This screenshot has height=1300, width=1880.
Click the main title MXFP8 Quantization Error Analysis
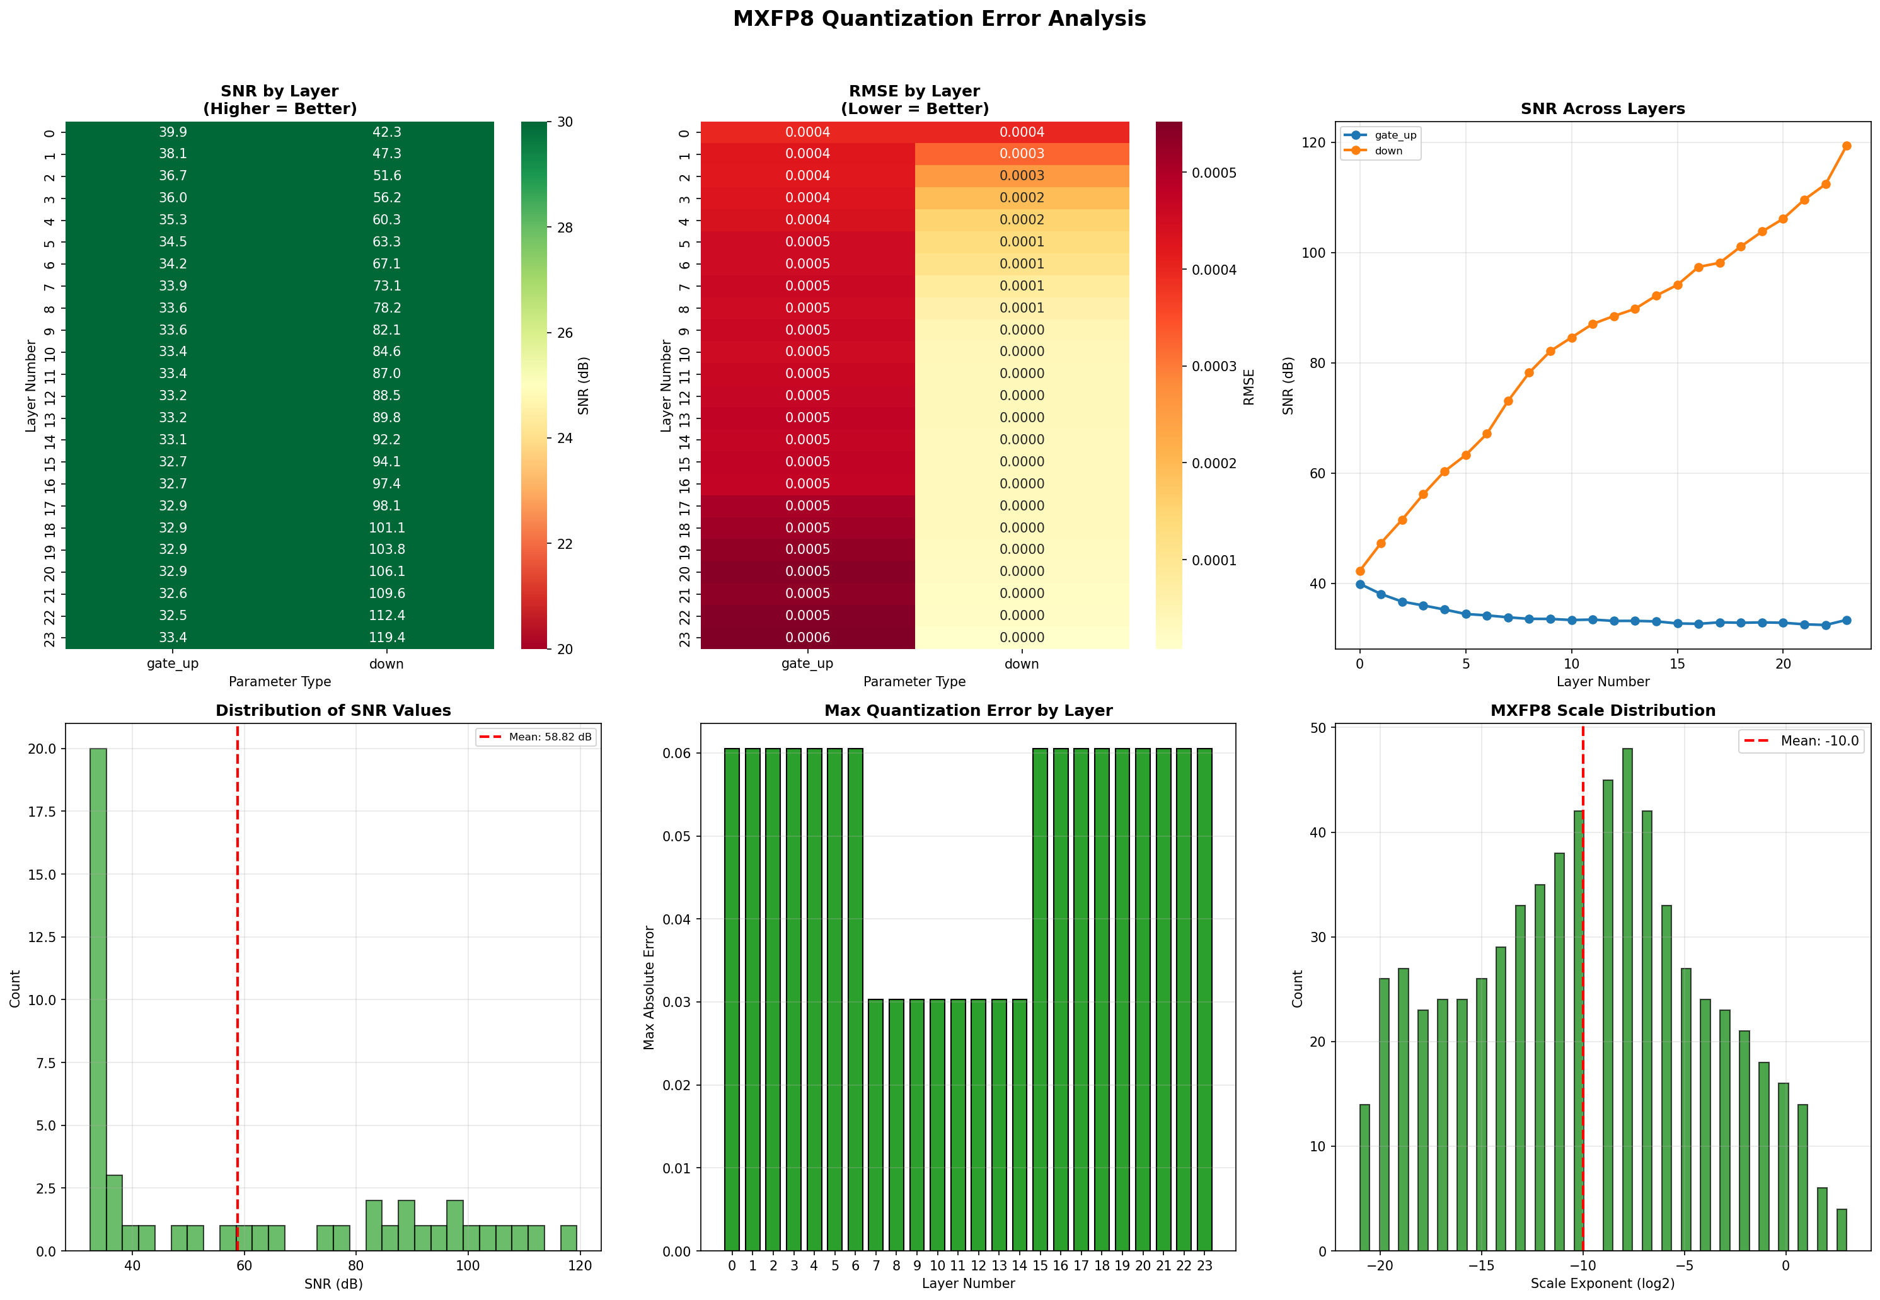coord(938,19)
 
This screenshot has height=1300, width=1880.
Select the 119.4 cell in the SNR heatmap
coord(386,638)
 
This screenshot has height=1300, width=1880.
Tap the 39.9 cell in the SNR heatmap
coord(173,132)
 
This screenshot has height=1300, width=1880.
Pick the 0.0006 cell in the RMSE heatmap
coord(807,638)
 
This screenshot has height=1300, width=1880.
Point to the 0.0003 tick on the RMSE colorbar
coord(1214,367)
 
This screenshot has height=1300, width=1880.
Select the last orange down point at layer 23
coord(1847,146)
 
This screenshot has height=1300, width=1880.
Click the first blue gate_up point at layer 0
coord(1359,584)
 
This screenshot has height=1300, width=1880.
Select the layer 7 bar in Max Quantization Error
coord(875,1124)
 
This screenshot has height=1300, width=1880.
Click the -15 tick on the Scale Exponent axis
coord(1481,1266)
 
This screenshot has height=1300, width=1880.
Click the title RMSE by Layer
coord(914,91)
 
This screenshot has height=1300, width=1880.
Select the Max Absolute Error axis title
coord(649,987)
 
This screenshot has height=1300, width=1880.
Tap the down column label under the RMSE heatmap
coord(1022,664)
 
